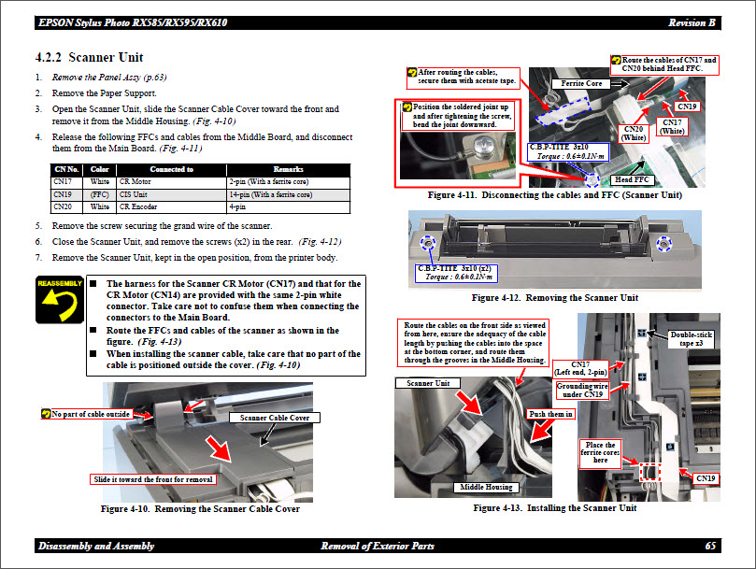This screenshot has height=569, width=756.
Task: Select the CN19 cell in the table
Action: [x=64, y=194]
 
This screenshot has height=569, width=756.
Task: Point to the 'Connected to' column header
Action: [x=171, y=169]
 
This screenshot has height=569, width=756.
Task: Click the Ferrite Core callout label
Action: [x=580, y=84]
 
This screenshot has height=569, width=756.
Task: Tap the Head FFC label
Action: [x=631, y=179]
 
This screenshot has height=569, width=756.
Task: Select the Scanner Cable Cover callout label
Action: [x=275, y=418]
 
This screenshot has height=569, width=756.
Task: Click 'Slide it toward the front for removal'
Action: [x=153, y=479]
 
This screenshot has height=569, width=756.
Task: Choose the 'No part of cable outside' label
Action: [x=90, y=413]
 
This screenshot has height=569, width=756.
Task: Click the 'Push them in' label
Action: [x=550, y=414]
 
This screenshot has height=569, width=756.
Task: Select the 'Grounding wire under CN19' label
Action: [x=581, y=390]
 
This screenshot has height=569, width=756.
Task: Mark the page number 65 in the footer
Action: [x=710, y=546]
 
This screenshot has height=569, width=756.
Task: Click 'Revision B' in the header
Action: [x=692, y=21]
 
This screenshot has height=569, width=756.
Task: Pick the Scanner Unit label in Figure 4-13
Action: [x=428, y=383]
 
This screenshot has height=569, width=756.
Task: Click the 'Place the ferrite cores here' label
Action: [x=600, y=452]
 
